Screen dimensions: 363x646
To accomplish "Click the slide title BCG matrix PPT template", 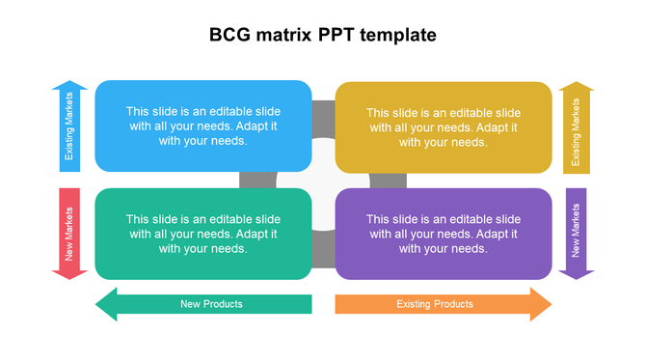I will tap(323, 36).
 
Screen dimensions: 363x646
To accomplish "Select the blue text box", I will tap(202, 126).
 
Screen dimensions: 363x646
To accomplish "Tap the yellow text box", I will tap(444, 126).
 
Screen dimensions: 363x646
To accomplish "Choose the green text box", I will tap(202, 233).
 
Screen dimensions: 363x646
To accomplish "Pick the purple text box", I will tap(444, 233).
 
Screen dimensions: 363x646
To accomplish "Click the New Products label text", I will tap(211, 304).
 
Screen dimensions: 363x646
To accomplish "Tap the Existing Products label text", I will tap(435, 304).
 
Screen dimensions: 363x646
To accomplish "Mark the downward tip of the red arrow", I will tap(69, 277).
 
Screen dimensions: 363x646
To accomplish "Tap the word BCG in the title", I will tap(229, 36).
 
